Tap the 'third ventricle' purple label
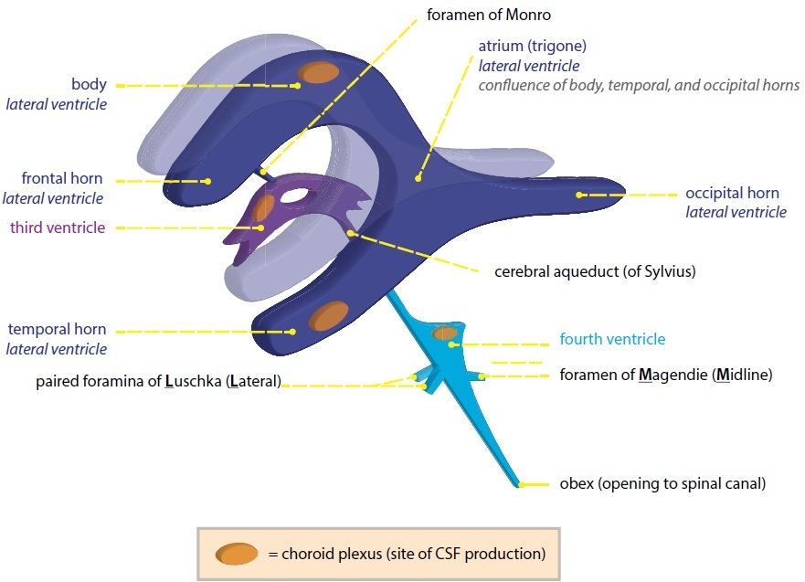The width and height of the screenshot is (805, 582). click(x=58, y=228)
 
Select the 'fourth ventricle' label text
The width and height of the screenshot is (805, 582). click(x=612, y=339)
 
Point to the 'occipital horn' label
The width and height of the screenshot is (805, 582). click(x=732, y=194)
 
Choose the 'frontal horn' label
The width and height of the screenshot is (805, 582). click(x=62, y=178)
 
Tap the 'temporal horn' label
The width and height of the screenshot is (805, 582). click(x=57, y=329)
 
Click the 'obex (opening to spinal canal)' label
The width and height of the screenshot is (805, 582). click(x=662, y=483)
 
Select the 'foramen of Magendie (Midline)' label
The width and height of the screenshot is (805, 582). click(x=666, y=375)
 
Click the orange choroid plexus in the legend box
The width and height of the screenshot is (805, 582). click(x=236, y=553)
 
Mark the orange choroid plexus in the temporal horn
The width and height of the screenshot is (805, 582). click(x=326, y=319)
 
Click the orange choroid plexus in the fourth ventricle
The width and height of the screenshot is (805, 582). click(x=445, y=333)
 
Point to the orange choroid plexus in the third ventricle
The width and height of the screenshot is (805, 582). click(x=263, y=208)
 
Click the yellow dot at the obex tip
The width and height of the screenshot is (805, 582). click(x=519, y=483)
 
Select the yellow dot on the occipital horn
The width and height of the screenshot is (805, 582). click(x=579, y=195)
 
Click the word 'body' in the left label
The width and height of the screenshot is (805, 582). click(x=89, y=84)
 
